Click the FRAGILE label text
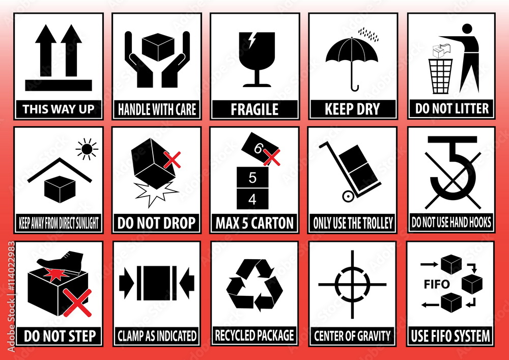(x=255, y=108)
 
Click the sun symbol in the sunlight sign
(x=87, y=149)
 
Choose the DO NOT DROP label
(x=156, y=223)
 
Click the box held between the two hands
(x=157, y=47)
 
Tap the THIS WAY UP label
(x=59, y=108)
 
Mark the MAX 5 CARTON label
(x=254, y=223)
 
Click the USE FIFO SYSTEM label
(x=450, y=336)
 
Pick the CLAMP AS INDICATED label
(x=157, y=336)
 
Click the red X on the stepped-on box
(x=78, y=302)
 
